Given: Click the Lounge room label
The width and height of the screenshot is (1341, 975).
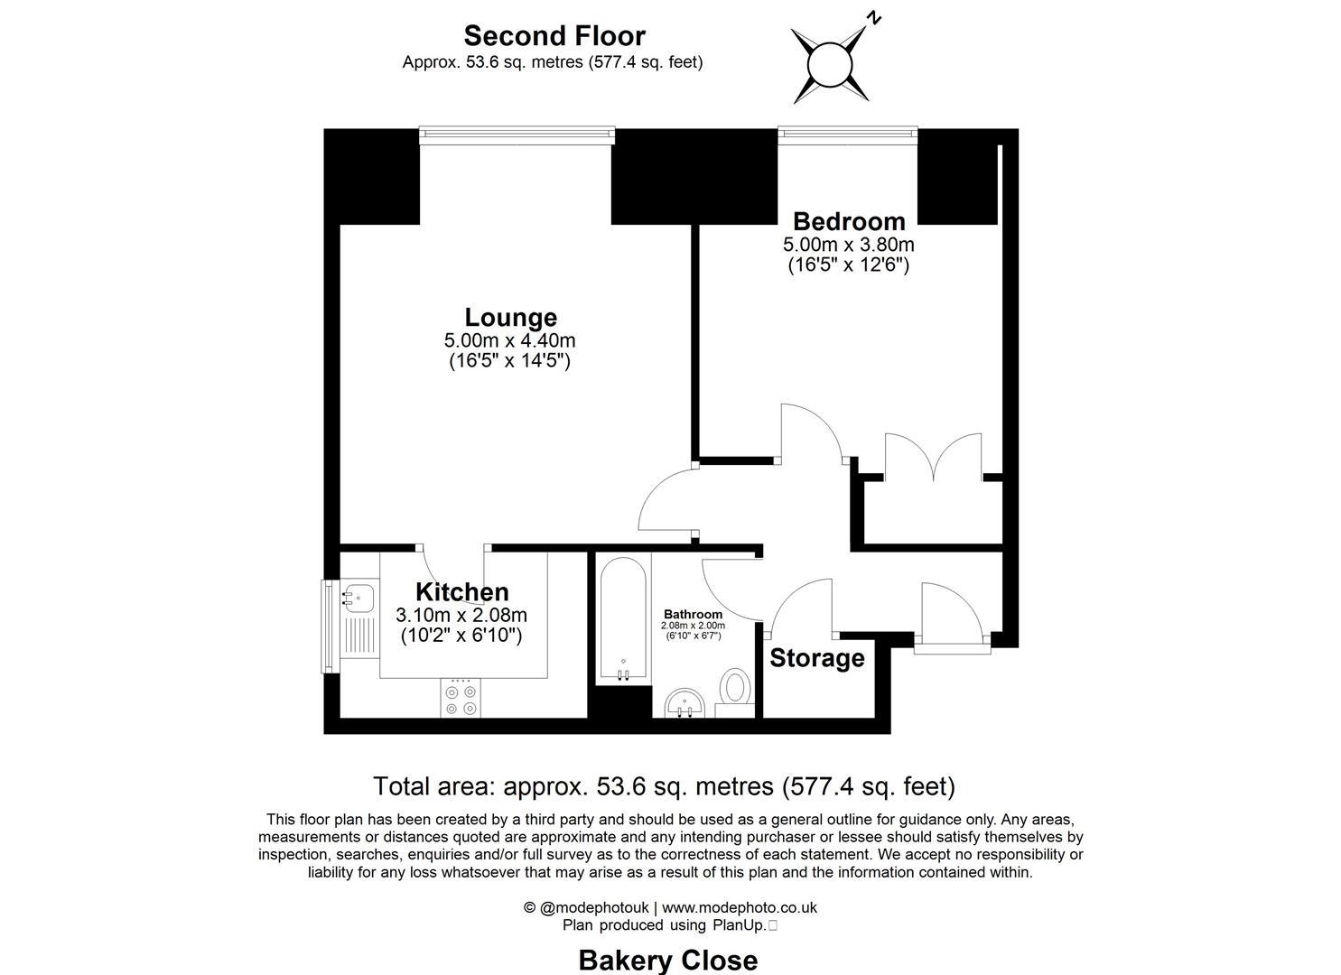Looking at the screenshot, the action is click(x=510, y=317).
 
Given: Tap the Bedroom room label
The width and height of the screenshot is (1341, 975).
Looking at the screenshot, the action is click(x=849, y=221).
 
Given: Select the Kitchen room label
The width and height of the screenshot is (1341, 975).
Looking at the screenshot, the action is click(x=462, y=592).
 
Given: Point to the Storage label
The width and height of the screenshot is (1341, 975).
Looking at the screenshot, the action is click(x=817, y=658).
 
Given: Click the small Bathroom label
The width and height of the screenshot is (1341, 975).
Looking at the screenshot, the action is click(x=694, y=614).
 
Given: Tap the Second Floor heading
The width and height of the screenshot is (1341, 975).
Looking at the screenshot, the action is click(x=554, y=36).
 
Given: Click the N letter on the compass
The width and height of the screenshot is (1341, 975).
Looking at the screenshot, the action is click(x=875, y=19).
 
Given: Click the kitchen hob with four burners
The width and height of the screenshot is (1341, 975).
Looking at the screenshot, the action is click(x=461, y=698).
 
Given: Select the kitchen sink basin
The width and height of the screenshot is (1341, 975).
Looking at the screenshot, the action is click(x=359, y=597).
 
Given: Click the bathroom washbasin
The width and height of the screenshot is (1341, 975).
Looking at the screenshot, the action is click(x=684, y=704).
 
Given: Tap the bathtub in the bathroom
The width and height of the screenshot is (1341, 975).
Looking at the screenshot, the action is click(x=623, y=619).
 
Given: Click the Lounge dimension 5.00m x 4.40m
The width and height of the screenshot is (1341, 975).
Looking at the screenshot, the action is click(x=509, y=340).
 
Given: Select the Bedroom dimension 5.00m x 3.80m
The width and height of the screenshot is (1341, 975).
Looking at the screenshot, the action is click(x=849, y=245).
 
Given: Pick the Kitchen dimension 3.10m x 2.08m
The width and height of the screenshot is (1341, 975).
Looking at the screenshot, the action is click(x=461, y=615).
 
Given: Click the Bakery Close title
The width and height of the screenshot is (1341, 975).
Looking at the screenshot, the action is click(x=668, y=961).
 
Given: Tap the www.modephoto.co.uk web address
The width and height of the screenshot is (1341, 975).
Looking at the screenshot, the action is click(x=740, y=907).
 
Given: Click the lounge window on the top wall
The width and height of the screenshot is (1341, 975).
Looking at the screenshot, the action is click(x=517, y=135).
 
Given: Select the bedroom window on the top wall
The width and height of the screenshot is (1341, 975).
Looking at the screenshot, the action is click(x=848, y=135).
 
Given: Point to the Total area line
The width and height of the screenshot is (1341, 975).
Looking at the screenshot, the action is click(x=664, y=786).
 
